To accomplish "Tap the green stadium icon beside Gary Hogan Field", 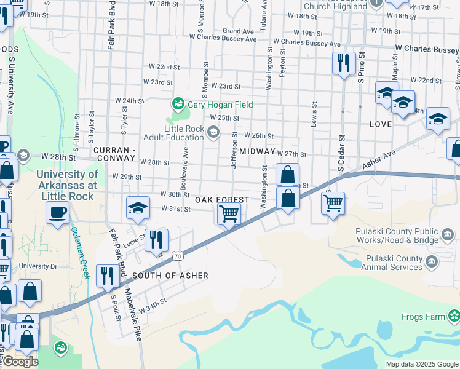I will click(178, 104).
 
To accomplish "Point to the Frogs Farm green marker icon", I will click(454, 317).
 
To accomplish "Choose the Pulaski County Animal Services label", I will click(394, 263).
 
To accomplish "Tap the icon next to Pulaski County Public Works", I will click(448, 234).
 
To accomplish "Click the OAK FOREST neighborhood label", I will click(222, 200).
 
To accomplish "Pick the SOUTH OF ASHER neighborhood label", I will click(170, 276).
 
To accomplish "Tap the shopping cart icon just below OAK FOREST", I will click(229, 215).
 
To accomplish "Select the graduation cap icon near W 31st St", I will click(138, 208).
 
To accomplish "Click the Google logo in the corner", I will click(20, 362).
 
